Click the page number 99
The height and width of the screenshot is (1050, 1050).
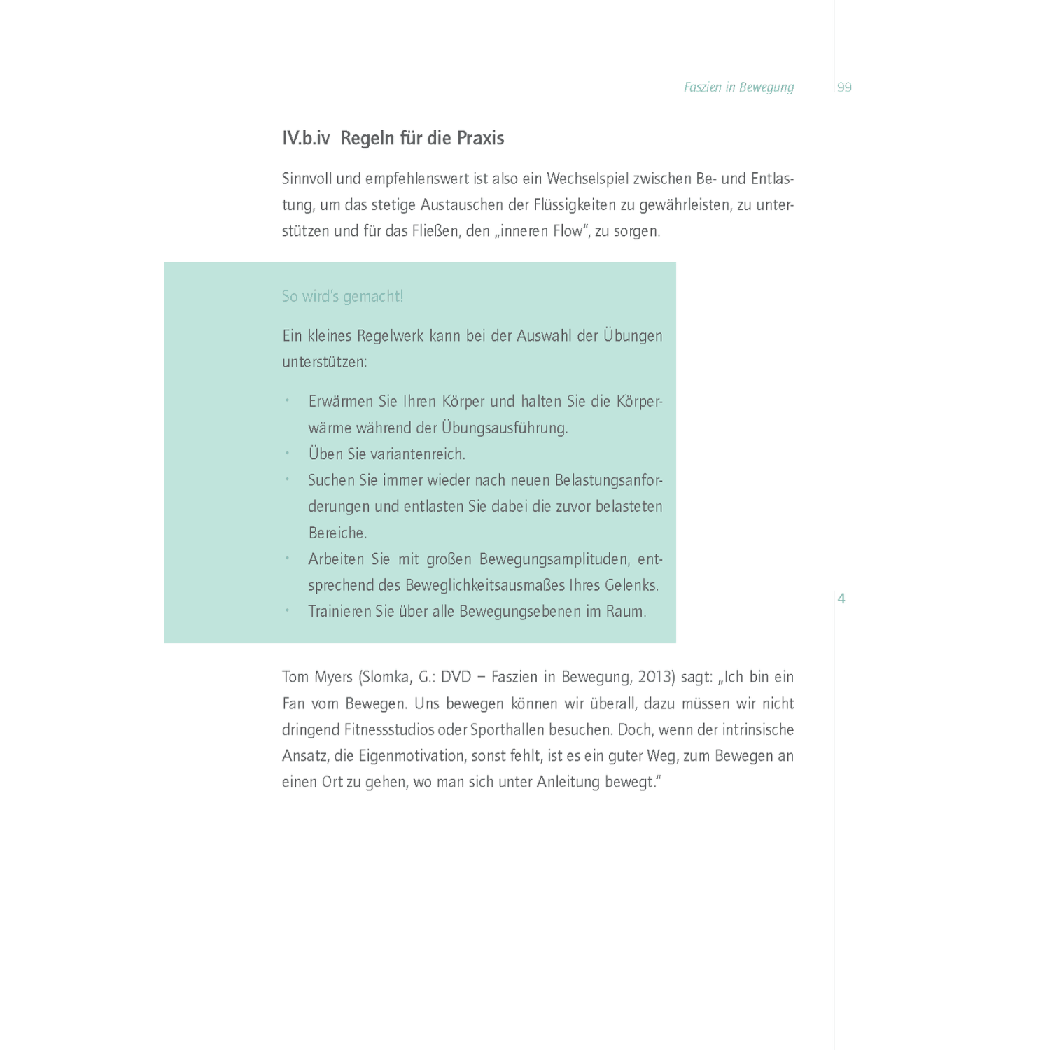click(x=844, y=87)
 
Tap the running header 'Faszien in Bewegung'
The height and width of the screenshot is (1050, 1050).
click(x=738, y=87)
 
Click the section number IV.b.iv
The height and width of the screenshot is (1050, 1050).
click(x=306, y=138)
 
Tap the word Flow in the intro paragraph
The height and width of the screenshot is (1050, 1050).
click(x=568, y=231)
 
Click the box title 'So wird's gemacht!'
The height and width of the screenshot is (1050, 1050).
click(x=342, y=296)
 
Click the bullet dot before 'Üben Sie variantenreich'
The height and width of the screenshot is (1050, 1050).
click(x=287, y=454)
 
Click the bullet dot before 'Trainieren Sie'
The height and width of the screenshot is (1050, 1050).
click(x=287, y=611)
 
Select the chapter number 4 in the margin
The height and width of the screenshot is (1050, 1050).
click(x=841, y=598)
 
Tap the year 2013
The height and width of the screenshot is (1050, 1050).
click(x=656, y=678)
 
